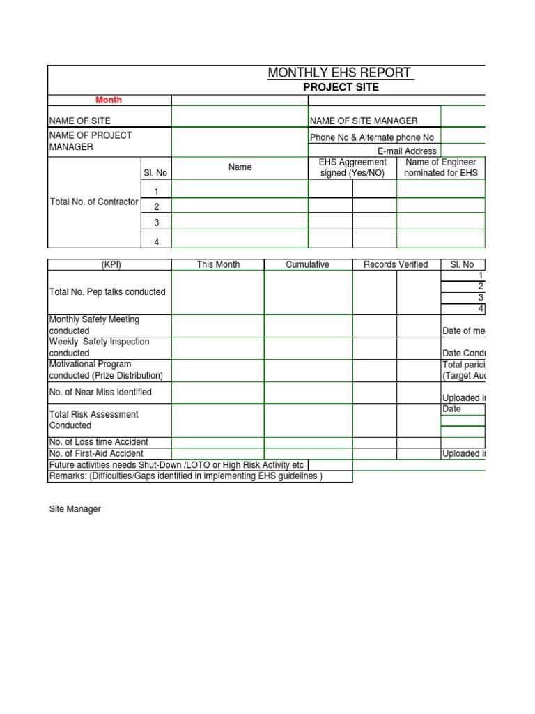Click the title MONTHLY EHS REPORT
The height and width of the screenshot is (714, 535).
pyautogui.click(x=339, y=73)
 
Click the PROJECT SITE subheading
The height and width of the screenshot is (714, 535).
pyautogui.click(x=341, y=87)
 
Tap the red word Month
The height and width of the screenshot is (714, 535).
pyautogui.click(x=109, y=100)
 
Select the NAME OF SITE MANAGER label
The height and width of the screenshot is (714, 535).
pyautogui.click(x=364, y=121)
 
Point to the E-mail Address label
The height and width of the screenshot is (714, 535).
pyautogui.click(x=407, y=151)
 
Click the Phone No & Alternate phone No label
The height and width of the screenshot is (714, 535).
pyautogui.click(x=371, y=137)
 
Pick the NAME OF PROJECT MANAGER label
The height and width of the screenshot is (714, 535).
pyautogui.click(x=90, y=141)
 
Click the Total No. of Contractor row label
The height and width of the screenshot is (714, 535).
pyautogui.click(x=94, y=202)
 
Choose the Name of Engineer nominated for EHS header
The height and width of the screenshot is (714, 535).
pyautogui.click(x=441, y=167)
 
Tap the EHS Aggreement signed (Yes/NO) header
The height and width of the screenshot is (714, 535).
pyautogui.click(x=352, y=167)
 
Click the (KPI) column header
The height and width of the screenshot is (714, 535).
pyautogui.click(x=111, y=264)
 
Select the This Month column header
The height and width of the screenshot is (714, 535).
pyautogui.click(x=218, y=264)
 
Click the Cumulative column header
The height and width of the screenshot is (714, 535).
pyautogui.click(x=307, y=264)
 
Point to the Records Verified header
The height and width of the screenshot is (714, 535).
pyautogui.click(x=396, y=264)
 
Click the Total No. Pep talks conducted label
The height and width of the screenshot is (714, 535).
pyautogui.click(x=107, y=291)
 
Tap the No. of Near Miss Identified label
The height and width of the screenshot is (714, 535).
pyautogui.click(x=100, y=392)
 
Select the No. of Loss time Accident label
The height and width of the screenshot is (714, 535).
pyautogui.click(x=98, y=441)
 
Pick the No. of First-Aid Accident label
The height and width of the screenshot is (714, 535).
pyautogui.click(x=96, y=453)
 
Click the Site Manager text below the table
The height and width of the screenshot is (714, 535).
pyautogui.click(x=75, y=509)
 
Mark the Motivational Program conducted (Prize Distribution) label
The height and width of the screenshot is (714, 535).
pyautogui.click(x=106, y=370)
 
